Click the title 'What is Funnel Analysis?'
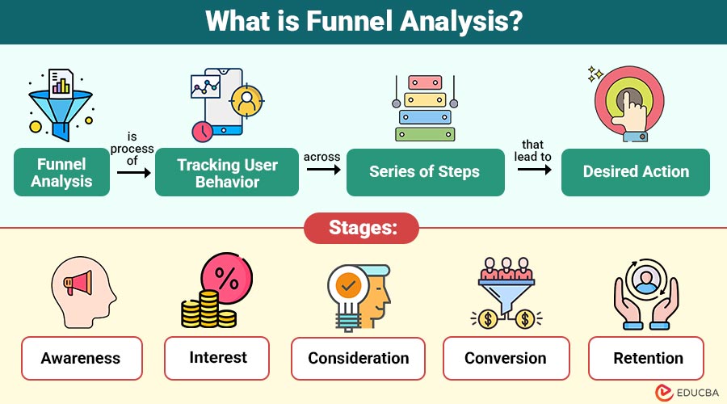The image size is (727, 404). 363,21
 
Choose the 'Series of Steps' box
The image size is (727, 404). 425,172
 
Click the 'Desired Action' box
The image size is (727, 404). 636,172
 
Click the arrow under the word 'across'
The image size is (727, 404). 322,172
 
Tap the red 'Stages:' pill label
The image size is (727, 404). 362,228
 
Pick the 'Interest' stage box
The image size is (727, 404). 218,357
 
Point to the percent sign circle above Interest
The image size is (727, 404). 226,280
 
